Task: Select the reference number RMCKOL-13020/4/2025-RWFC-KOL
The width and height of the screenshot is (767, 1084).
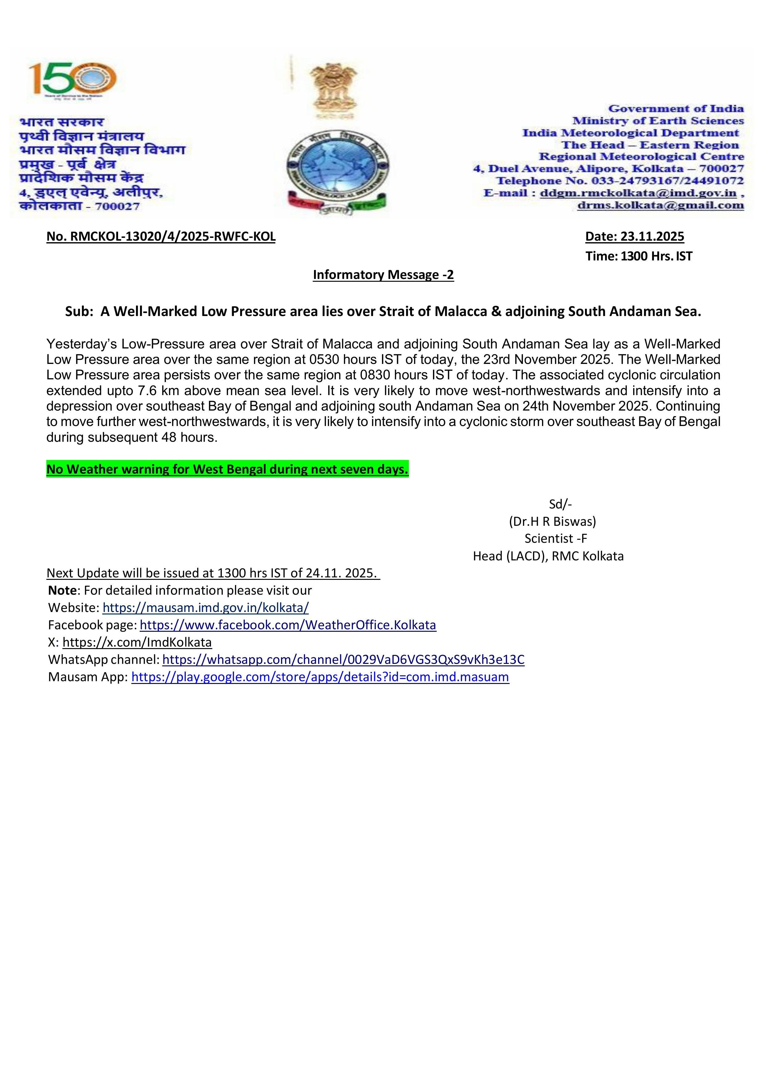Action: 161,237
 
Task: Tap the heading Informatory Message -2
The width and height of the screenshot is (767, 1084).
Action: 383,275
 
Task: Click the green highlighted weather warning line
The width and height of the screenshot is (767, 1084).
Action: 227,469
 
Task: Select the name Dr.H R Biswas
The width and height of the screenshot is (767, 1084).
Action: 552,521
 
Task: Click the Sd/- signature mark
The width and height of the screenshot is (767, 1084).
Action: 560,504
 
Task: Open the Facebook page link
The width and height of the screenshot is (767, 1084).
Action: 288,625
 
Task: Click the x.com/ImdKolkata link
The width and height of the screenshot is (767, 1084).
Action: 137,642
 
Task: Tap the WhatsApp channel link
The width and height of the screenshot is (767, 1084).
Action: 343,659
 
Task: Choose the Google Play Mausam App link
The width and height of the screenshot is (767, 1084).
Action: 320,677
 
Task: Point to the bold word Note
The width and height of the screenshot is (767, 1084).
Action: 62,590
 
